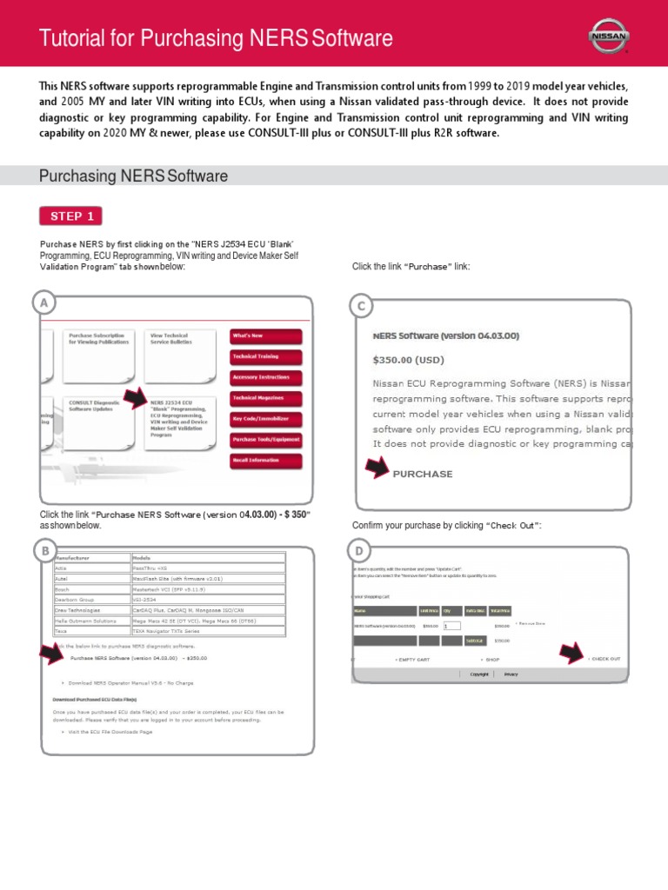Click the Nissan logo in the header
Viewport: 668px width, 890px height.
pyautogui.click(x=609, y=36)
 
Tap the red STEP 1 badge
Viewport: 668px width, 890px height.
pyautogui.click(x=70, y=216)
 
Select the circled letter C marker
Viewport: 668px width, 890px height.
pyautogui.click(x=361, y=305)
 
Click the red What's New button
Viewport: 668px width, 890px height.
pyautogui.click(x=265, y=335)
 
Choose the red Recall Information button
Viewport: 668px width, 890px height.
pyautogui.click(x=265, y=461)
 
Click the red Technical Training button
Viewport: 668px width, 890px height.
pyautogui.click(x=265, y=356)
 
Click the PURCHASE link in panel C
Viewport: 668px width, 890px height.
pyautogui.click(x=423, y=474)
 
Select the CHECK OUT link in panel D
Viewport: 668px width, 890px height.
pyautogui.click(x=605, y=659)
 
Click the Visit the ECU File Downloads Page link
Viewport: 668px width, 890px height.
pyautogui.click(x=110, y=732)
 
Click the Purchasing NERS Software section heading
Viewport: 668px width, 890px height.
pyautogui.click(x=133, y=176)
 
